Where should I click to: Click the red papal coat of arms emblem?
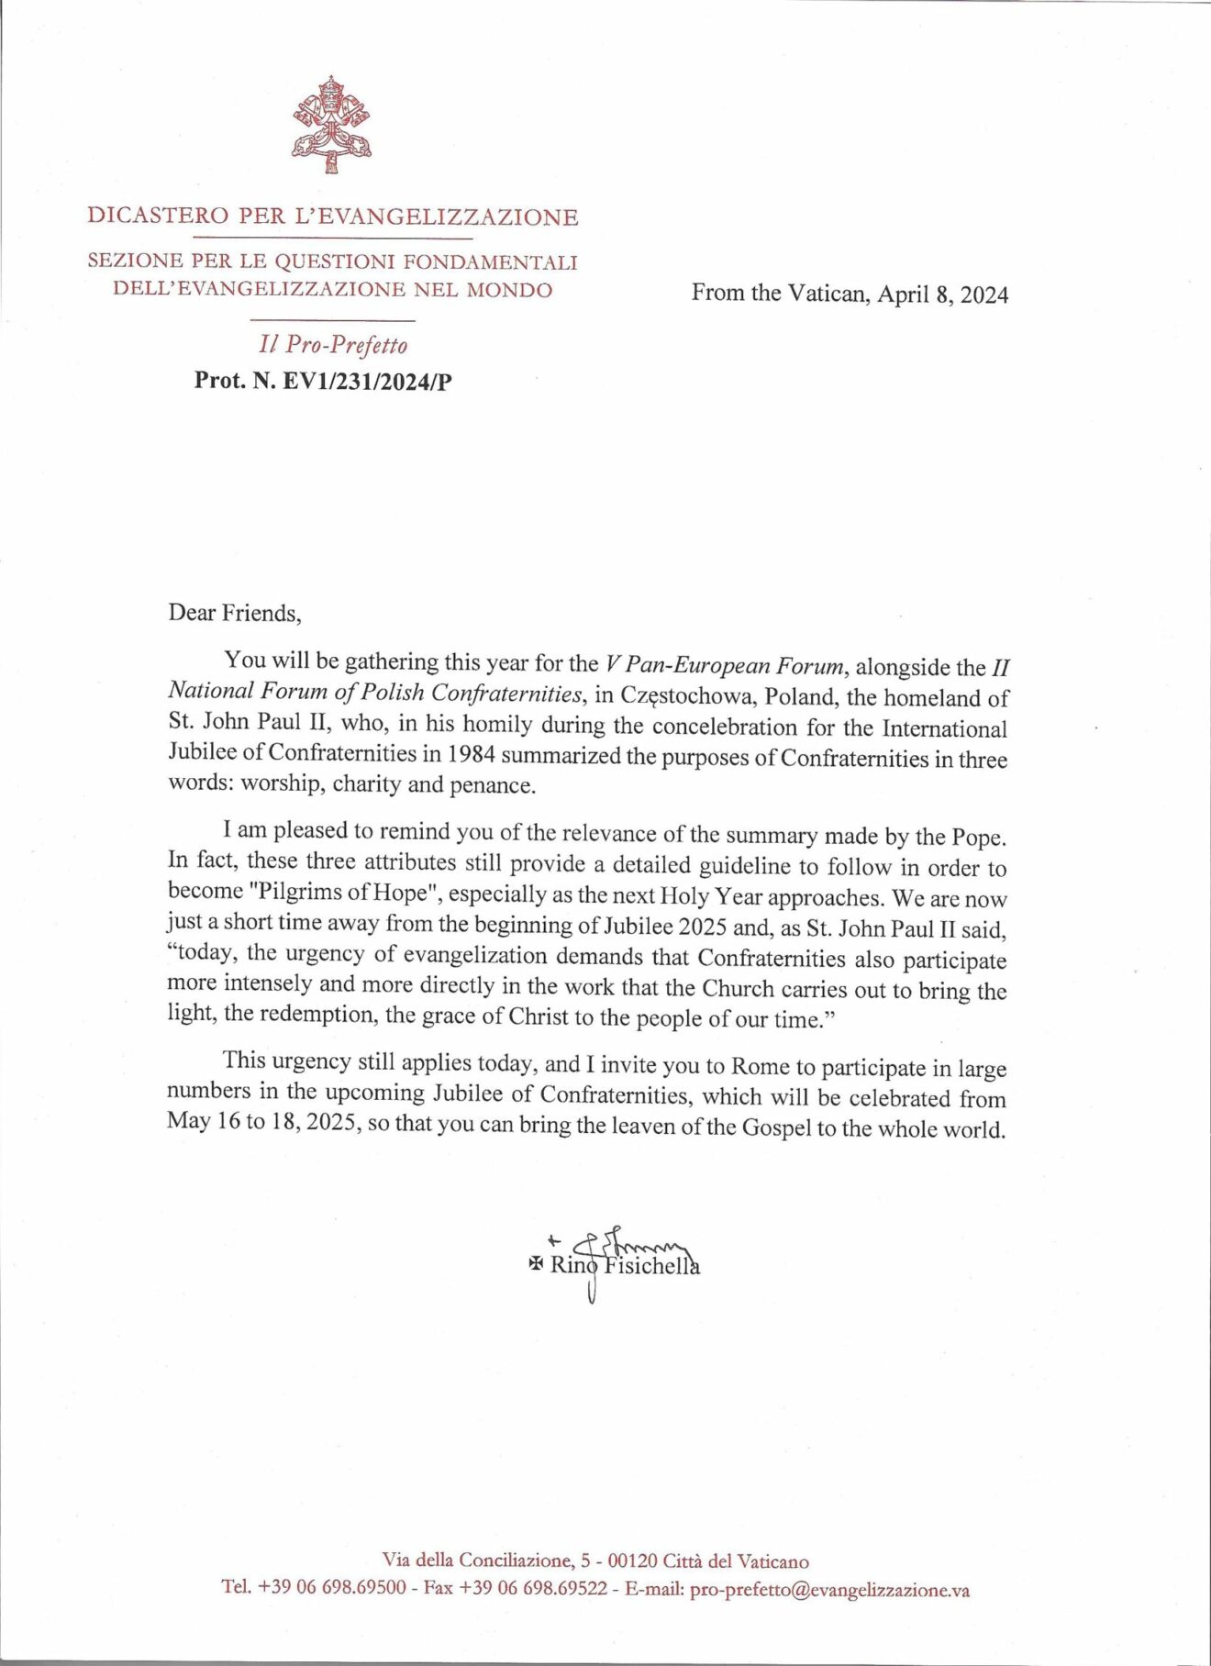click(331, 126)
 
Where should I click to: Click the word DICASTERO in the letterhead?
click(157, 217)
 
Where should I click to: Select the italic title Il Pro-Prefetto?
click(333, 345)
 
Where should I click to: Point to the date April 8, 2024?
click(942, 294)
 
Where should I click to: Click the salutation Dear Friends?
click(234, 613)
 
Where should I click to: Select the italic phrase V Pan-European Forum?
click(724, 664)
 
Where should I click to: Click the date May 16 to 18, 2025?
click(261, 1123)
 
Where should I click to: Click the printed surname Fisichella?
click(651, 1267)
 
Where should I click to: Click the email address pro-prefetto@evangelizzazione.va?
click(829, 1591)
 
